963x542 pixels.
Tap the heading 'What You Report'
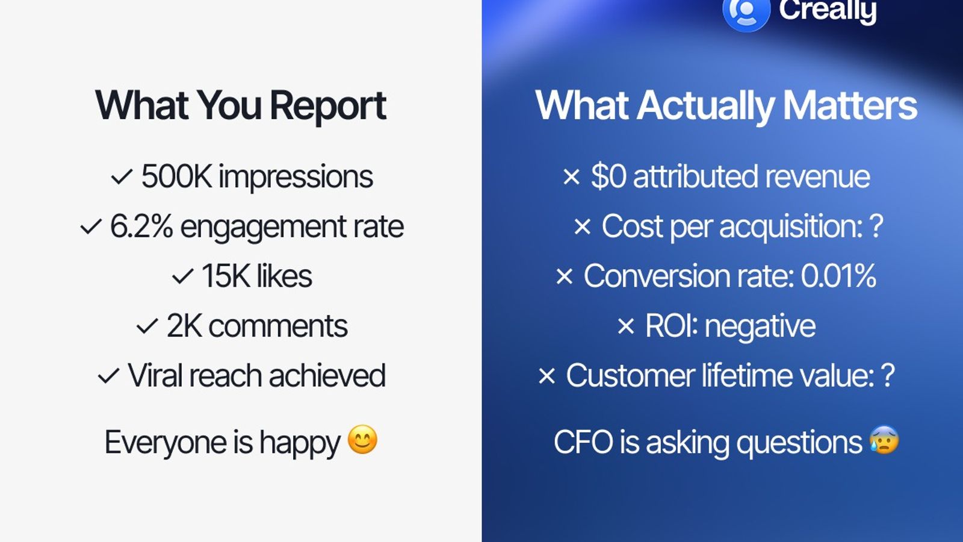coord(240,106)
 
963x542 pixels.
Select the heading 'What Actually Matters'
coord(726,106)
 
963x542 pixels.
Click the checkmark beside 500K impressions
coord(122,177)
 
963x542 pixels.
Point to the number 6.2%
coord(141,227)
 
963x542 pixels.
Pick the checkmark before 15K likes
coord(182,277)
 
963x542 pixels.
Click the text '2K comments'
coord(257,326)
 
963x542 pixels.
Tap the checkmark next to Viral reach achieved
coord(108,376)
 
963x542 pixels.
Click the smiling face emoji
coord(362,440)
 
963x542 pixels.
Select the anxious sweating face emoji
coord(884,440)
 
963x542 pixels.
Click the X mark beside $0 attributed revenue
coord(571,177)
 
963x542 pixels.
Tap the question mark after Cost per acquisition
coord(876,227)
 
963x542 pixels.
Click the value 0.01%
coord(838,276)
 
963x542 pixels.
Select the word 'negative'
coord(760,327)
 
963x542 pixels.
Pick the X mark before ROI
coord(626,327)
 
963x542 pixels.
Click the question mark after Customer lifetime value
coord(887,376)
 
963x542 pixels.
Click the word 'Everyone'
coord(166,443)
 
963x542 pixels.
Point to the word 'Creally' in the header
coord(828,11)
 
